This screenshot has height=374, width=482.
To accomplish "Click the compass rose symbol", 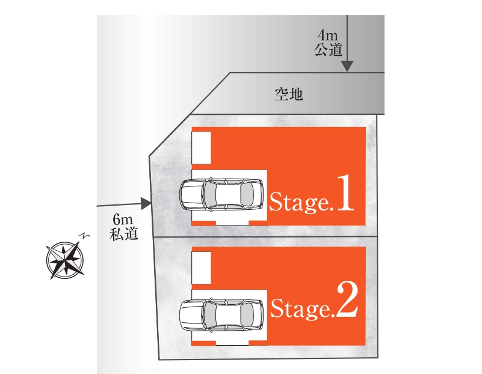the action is [65, 260].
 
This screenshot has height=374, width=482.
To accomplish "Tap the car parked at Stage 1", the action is [221, 194].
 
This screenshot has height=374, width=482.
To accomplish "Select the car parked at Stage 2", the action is [221, 314].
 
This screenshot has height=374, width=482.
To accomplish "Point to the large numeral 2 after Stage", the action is [347, 299].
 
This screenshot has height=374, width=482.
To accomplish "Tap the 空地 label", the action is [288, 94].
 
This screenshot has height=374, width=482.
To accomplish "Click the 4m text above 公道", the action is [328, 35].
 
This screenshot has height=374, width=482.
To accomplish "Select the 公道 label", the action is [329, 49].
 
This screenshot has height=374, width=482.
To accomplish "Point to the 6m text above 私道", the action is [123, 219].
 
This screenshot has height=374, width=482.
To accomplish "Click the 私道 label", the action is [124, 234].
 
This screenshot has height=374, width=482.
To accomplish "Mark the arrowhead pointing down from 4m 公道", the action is [347, 66].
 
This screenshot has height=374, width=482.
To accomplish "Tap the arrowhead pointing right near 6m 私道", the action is [146, 203].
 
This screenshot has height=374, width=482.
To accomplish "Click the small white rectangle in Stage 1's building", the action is [202, 148].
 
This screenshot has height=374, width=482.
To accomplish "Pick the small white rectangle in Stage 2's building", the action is [202, 268].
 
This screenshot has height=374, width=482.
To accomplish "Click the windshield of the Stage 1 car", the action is [209, 194].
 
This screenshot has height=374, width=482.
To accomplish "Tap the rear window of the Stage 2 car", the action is [247, 314].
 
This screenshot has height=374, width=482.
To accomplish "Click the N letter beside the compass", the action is [84, 236].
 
